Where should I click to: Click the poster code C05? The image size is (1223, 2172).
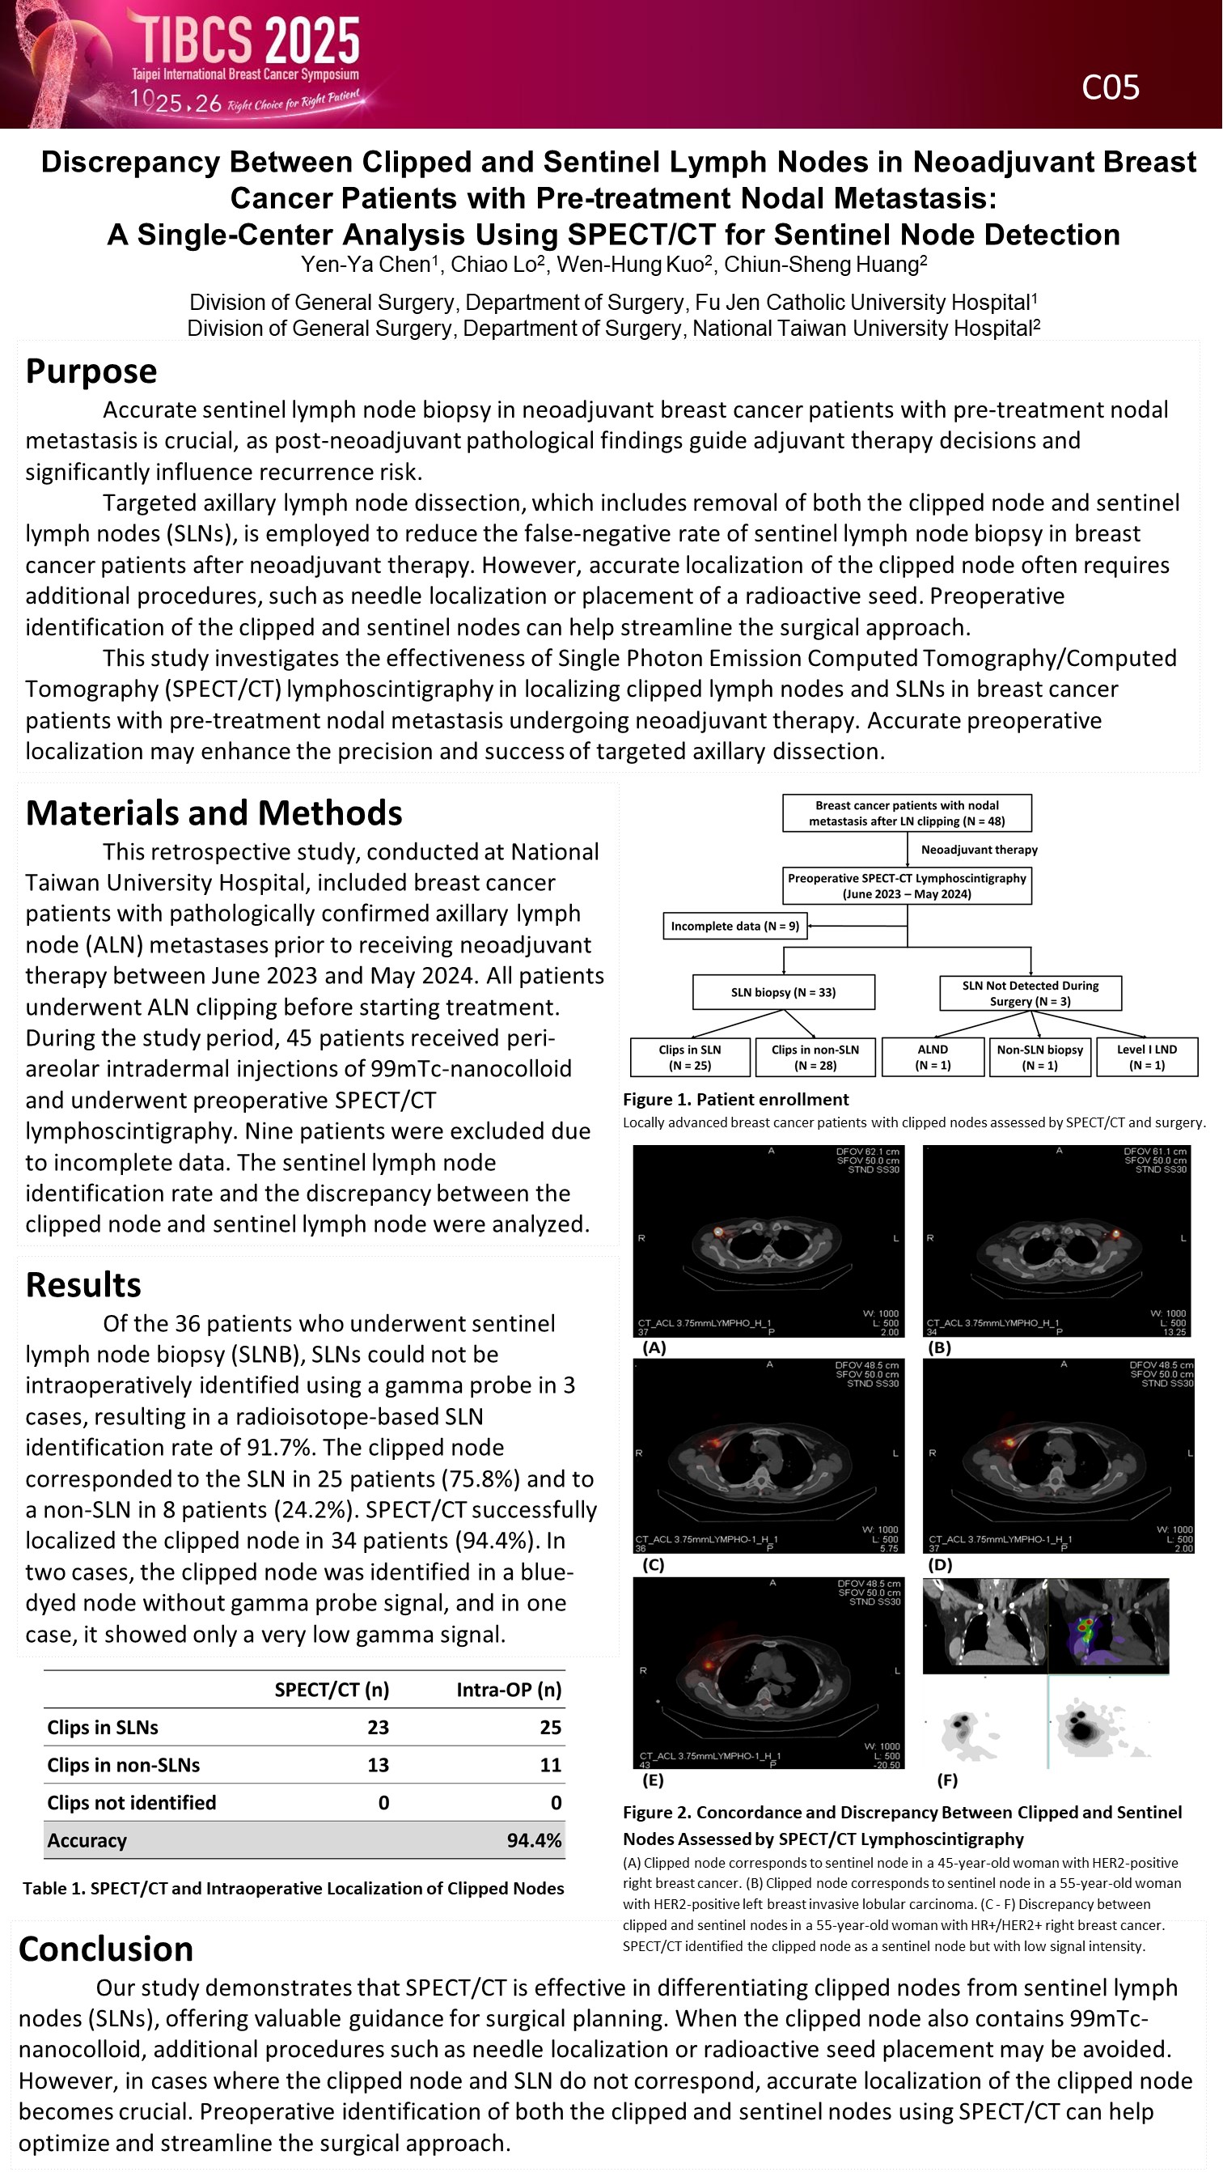pos(1110,87)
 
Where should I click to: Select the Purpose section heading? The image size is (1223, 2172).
pos(91,371)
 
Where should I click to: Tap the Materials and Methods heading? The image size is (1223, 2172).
pos(214,812)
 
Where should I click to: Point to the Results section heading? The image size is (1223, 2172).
pos(83,1285)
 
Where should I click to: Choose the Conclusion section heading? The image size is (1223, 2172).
pos(106,1949)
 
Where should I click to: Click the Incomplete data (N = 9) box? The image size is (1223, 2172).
pos(734,926)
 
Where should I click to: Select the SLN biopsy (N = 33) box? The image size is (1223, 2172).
pos(783,992)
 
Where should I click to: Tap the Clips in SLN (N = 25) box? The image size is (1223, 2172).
pos(689,1058)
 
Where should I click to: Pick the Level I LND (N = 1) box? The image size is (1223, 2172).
pos(1146,1058)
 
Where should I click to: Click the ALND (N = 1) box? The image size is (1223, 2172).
pos(932,1058)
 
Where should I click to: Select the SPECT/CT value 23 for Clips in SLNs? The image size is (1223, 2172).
pos(379,1728)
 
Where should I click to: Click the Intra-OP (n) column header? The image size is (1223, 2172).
pos(508,1690)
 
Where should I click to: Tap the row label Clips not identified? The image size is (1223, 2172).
pos(132,1803)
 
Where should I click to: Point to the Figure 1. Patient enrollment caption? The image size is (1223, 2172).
pos(736,1100)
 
